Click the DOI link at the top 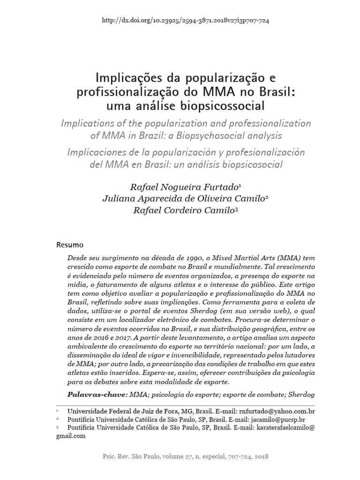point(185,21)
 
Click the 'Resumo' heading point(70,245)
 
